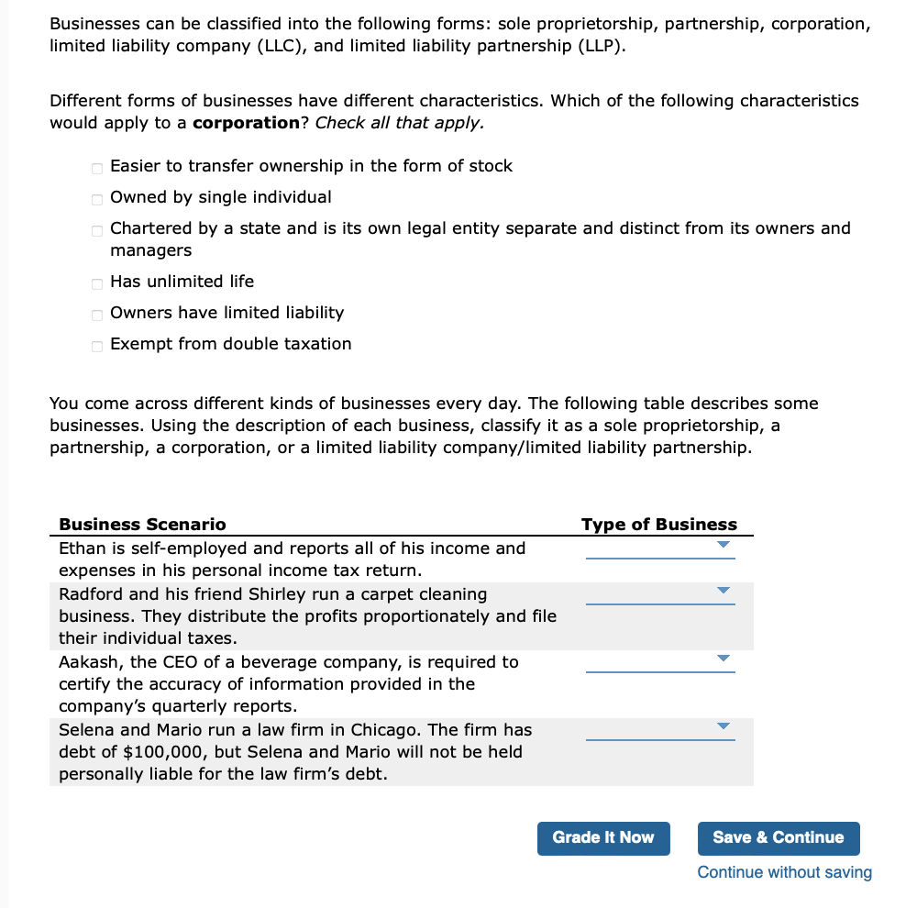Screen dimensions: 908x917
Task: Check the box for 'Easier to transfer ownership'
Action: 97,167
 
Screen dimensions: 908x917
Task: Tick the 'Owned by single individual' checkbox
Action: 97,198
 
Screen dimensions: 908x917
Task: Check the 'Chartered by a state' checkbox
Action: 97,229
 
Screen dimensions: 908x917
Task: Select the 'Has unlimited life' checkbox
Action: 97,282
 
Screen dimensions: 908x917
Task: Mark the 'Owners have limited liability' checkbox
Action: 97,314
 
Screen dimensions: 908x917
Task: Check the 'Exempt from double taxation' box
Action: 97,345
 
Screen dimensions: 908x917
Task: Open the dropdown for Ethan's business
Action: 660,548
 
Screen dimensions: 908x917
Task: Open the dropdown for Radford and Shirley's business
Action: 660,593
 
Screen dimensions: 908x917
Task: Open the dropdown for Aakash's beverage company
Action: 660,661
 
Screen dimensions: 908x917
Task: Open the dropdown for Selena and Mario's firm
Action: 660,729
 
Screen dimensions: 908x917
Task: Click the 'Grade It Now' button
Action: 603,837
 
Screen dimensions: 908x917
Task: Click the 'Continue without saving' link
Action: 784,872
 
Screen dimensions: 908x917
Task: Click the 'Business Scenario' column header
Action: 142,525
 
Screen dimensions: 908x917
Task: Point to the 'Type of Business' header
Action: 658,525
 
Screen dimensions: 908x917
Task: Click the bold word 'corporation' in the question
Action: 246,123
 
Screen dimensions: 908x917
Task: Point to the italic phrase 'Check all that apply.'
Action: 399,123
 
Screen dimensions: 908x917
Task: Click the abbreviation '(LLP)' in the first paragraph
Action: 598,46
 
